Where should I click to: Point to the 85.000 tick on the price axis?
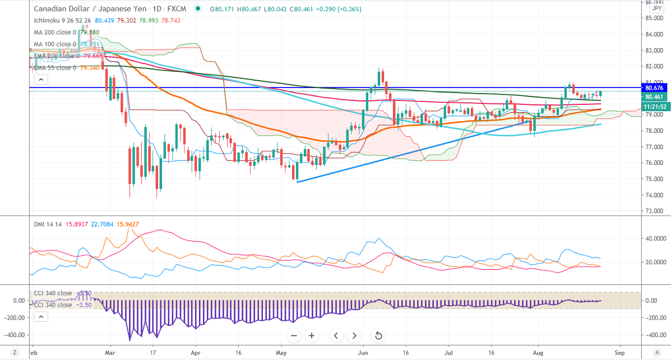pos(653,17)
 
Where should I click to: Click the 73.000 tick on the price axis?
pos(653,211)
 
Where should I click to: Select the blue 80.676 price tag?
pos(655,88)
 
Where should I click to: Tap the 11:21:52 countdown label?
pos(655,106)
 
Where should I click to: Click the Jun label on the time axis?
pos(363,354)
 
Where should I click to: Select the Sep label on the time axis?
pos(619,354)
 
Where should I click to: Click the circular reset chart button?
pos(378,336)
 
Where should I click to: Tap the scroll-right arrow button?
pos(354,336)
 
